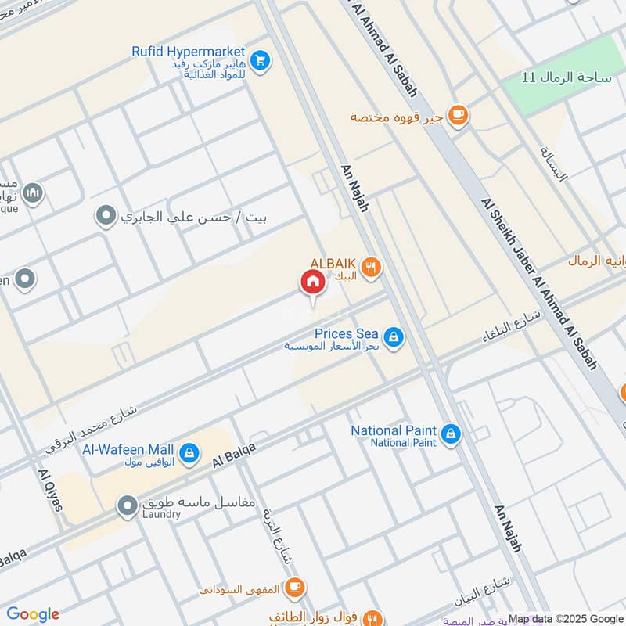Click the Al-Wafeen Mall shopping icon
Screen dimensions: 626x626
point(189,452)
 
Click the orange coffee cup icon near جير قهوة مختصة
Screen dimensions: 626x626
point(458,116)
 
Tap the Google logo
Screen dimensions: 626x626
point(32,614)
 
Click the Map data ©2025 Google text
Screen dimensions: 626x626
point(565,618)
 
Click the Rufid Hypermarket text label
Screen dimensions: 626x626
point(189,51)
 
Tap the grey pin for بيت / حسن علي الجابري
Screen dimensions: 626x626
point(106,215)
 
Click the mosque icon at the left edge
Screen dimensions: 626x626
point(32,192)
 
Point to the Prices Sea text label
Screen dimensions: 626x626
point(346,333)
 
